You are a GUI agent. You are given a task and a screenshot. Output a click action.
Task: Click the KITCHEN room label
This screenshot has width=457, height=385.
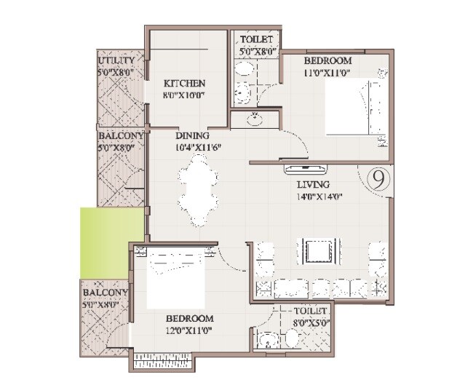coord(184,83)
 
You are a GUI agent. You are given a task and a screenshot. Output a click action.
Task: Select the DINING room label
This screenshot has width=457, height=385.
coord(192,135)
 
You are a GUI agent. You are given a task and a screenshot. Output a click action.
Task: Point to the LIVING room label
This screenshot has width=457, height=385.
coord(314,184)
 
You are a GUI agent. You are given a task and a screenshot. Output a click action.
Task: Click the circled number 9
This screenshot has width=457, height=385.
coord(378,177)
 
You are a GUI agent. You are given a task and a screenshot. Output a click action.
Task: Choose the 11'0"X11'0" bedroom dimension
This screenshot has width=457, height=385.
coord(328,72)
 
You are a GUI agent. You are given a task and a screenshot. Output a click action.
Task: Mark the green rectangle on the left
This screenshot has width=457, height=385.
coord(110,242)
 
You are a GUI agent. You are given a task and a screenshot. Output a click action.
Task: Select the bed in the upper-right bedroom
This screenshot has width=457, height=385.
coord(354,106)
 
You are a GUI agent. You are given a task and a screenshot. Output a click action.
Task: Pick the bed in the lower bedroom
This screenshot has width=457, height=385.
coord(174,278)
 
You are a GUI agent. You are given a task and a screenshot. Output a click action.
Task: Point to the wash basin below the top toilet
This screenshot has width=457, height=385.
coord(255,118)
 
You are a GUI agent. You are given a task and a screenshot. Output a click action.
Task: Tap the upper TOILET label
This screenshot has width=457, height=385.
coord(257,40)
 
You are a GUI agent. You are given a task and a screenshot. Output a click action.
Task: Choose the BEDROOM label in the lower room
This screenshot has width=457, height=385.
coord(189,319)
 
